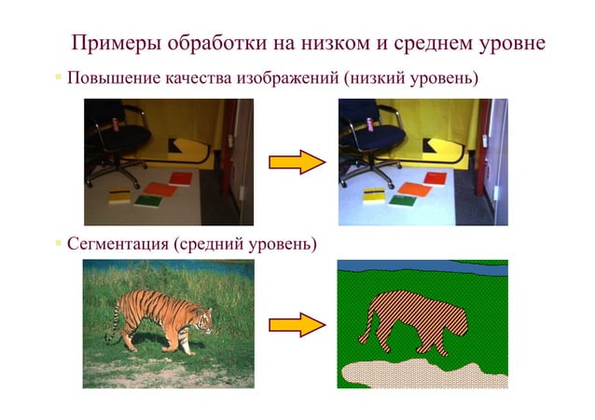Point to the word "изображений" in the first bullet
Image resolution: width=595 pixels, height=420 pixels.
[x=279, y=77]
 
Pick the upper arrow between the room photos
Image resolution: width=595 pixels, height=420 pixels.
[x=296, y=163]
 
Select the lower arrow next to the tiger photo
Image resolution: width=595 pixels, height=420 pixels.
[x=296, y=324]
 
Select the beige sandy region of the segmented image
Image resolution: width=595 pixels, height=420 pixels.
[x=420, y=373]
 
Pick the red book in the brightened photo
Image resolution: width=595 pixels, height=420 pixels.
[x=435, y=178]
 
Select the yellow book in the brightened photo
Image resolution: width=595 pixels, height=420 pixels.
[x=373, y=195]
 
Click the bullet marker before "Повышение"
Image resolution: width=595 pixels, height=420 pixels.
[x=57, y=77]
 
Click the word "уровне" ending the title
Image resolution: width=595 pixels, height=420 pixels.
[x=508, y=45]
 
